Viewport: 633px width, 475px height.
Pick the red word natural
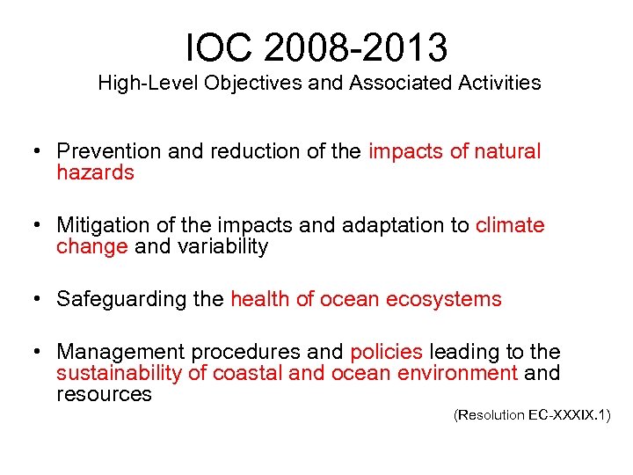click(508, 151)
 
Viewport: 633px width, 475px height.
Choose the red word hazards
click(95, 172)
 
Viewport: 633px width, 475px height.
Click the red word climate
click(510, 225)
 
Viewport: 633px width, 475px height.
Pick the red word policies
click(386, 352)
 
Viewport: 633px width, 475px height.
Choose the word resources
click(104, 394)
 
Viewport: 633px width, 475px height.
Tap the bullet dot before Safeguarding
click(38, 300)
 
